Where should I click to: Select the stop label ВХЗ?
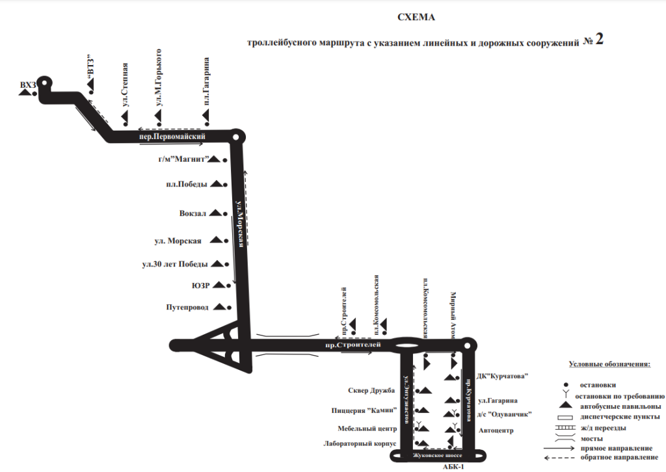tap(28, 85)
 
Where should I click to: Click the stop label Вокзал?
tap(193, 213)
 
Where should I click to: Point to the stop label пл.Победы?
tap(186, 184)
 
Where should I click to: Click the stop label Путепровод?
tap(187, 307)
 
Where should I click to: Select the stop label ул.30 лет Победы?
tap(175, 264)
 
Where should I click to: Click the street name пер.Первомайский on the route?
tap(172, 137)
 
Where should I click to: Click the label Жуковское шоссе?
tap(437, 456)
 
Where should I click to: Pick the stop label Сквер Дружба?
tap(371, 390)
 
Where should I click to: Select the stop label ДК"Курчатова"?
tap(503, 376)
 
